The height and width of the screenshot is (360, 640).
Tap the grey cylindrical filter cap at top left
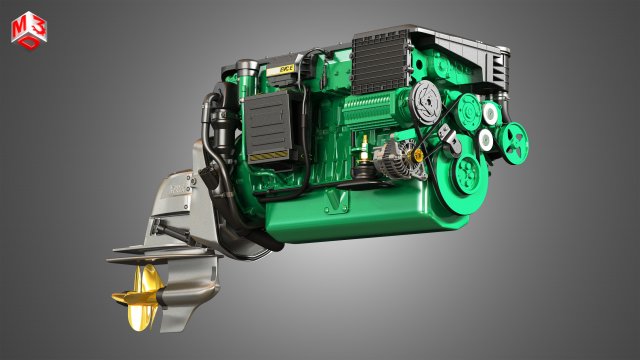(246, 71)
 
